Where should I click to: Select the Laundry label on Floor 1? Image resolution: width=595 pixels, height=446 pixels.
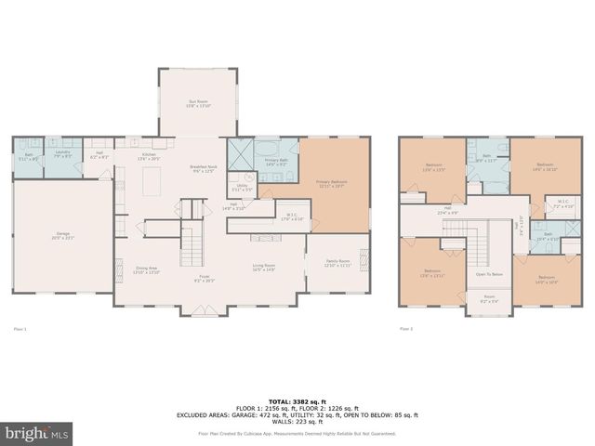(x=63, y=153)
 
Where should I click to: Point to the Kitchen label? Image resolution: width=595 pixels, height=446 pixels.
(x=150, y=157)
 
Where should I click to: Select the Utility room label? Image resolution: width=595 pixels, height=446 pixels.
(x=241, y=188)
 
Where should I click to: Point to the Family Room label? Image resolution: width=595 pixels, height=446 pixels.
(x=337, y=263)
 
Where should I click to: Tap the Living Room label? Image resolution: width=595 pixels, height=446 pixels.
(x=264, y=268)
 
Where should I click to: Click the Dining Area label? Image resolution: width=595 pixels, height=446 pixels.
(x=147, y=270)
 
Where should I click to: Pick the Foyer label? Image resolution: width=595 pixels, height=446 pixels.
(x=204, y=278)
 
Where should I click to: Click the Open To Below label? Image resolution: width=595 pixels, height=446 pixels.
(x=489, y=274)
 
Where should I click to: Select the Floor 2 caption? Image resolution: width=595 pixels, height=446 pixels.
(x=405, y=328)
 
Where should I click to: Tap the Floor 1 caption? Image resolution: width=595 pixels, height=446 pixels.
(x=20, y=328)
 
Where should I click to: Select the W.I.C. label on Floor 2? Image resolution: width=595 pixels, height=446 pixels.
(x=562, y=203)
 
